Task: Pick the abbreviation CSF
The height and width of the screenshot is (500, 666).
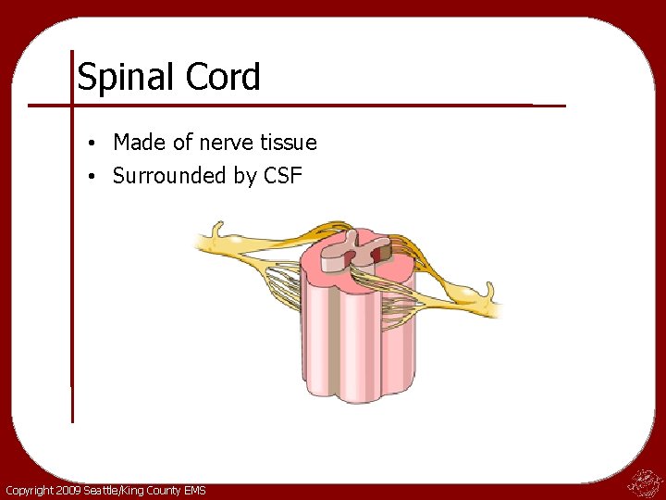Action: [x=283, y=176]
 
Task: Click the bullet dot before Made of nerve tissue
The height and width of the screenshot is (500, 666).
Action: [x=95, y=144]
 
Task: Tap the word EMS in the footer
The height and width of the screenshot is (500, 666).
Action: [x=194, y=490]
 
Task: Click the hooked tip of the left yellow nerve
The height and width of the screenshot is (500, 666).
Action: [x=216, y=229]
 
